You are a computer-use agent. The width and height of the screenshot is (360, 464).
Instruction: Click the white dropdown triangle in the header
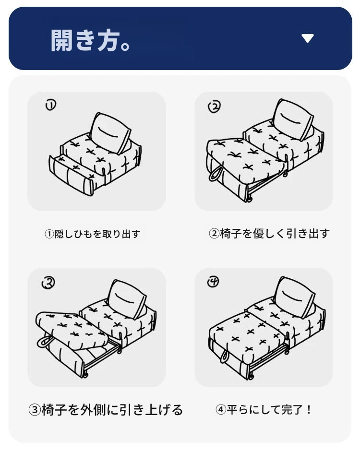pyautogui.click(x=308, y=38)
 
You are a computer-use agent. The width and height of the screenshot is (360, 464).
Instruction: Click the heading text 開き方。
pyautogui.click(x=91, y=40)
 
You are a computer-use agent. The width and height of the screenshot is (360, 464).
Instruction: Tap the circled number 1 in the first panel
pyautogui.click(x=50, y=105)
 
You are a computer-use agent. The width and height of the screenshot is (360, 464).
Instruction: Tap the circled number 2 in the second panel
pyautogui.click(x=215, y=107)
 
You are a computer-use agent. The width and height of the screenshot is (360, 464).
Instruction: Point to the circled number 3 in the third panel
pyautogui.click(x=48, y=283)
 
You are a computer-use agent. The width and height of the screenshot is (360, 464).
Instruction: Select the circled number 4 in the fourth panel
pyautogui.click(x=213, y=282)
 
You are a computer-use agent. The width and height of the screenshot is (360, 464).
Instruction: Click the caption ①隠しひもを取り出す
pyautogui.click(x=92, y=234)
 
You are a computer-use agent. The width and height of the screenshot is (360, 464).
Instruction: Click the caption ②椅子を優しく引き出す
pyautogui.click(x=269, y=234)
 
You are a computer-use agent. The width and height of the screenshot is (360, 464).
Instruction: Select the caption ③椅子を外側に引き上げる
pyautogui.click(x=106, y=410)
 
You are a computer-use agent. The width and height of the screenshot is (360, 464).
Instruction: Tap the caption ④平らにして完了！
pyautogui.click(x=263, y=410)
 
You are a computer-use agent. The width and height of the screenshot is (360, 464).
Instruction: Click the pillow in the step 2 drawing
pyautogui.click(x=292, y=119)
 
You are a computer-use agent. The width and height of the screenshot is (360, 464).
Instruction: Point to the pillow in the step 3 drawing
pyautogui.click(x=126, y=299)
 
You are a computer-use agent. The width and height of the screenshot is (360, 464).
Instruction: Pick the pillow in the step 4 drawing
pyautogui.click(x=294, y=297)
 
